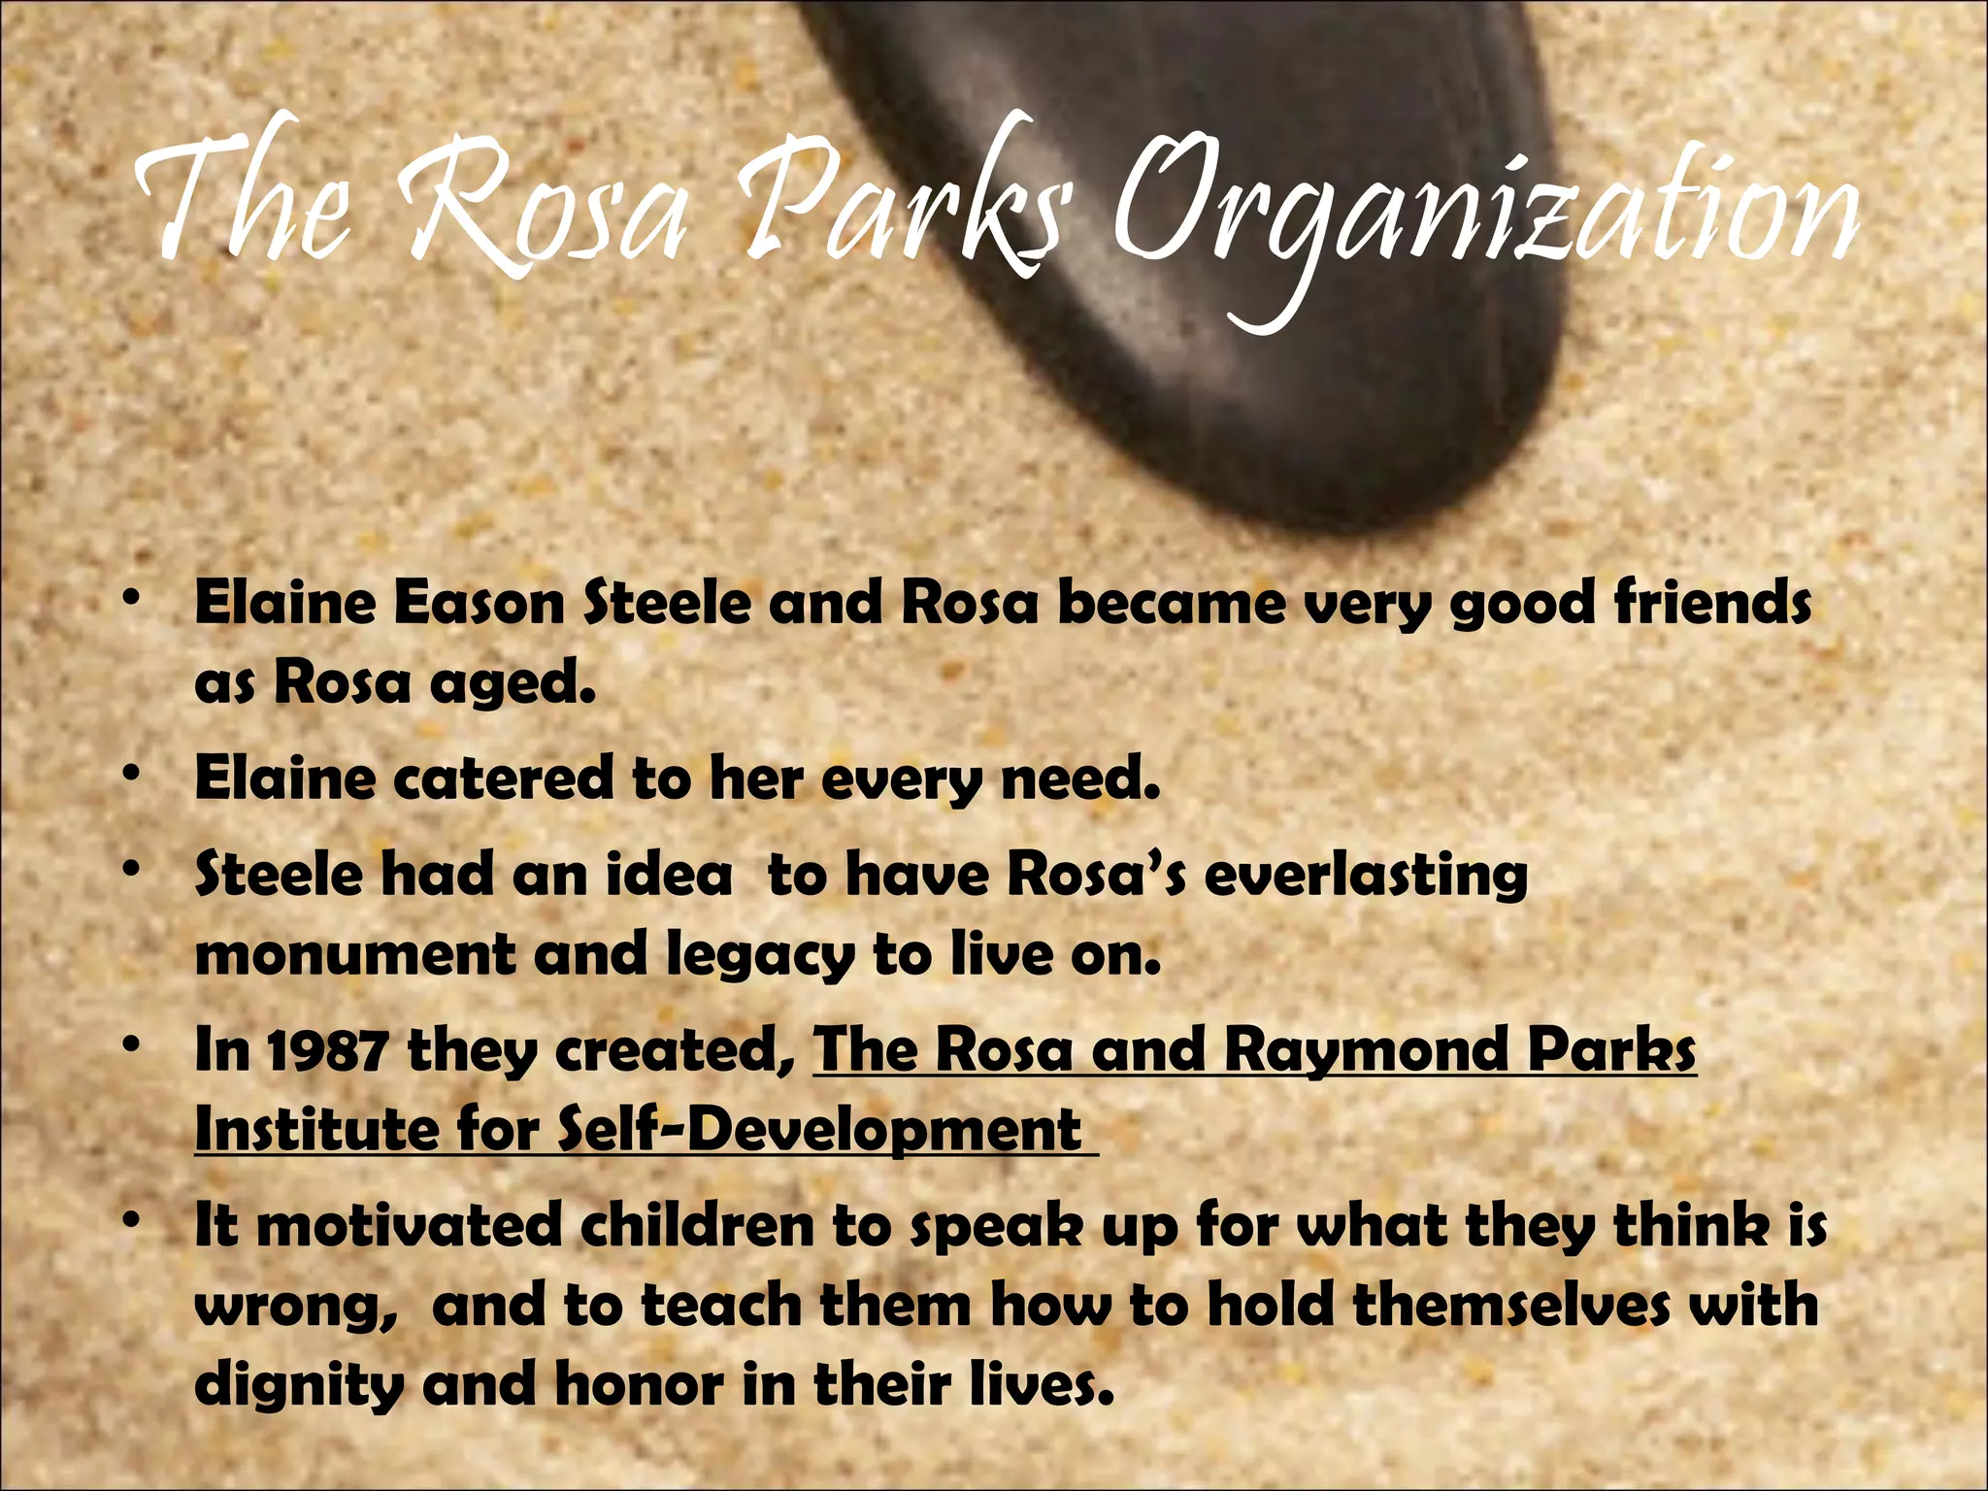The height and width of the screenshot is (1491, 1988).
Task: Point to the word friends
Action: click(x=1713, y=604)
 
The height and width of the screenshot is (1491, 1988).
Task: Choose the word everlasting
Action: click(x=1366, y=877)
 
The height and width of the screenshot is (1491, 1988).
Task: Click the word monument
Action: click(x=354, y=955)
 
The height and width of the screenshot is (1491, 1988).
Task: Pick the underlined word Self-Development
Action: click(x=820, y=1132)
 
